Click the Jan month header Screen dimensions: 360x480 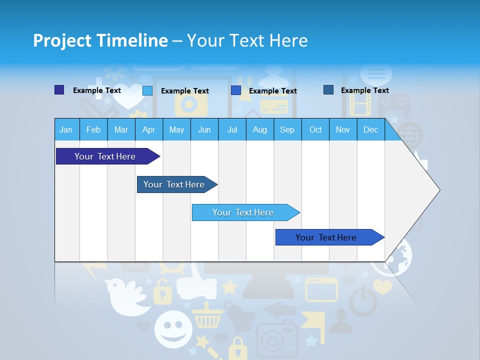click(66, 129)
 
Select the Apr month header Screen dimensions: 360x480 click(148, 129)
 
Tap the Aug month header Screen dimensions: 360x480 click(259, 129)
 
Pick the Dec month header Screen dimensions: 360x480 click(370, 129)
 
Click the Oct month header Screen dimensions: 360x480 click(315, 129)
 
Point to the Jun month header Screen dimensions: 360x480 click(204, 129)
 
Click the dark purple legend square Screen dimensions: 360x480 click(59, 90)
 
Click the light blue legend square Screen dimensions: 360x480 click(147, 90)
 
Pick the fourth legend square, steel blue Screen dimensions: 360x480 click(328, 90)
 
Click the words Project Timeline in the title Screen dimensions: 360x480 click(100, 40)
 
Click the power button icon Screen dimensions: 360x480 click(362, 300)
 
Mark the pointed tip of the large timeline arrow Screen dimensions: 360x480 click(439, 189)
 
